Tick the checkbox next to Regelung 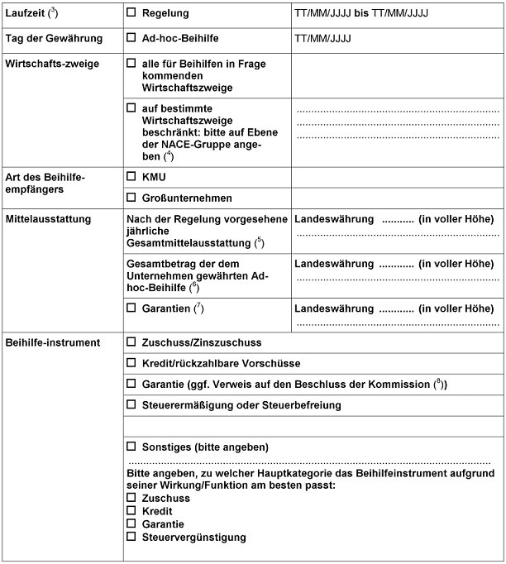[131, 14]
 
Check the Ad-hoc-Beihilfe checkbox [131, 39]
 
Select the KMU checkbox [131, 177]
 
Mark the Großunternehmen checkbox [131, 198]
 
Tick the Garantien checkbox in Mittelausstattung [131, 308]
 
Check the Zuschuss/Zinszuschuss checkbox [131, 342]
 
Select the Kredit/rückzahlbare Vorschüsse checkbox [131, 364]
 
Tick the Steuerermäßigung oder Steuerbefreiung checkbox [131, 405]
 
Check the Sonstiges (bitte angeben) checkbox [131, 447]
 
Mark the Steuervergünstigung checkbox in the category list [131, 538]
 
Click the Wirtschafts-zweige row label [54, 64]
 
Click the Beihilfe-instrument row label [53, 342]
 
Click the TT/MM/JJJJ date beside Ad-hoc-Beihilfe [322, 39]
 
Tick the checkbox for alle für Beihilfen [131, 64]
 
